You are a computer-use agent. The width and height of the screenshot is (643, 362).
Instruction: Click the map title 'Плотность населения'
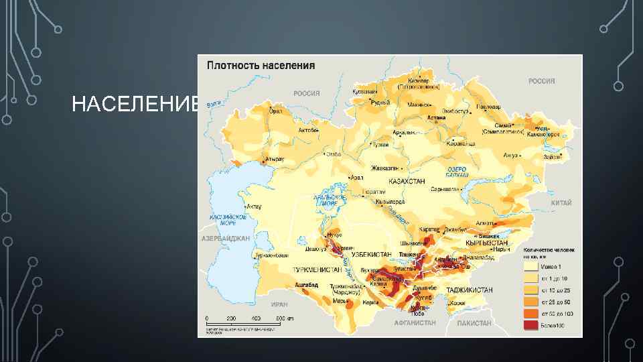[261, 66]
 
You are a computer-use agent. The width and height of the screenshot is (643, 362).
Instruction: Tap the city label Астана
[436, 117]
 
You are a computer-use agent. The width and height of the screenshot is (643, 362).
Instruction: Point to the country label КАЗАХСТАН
[408, 181]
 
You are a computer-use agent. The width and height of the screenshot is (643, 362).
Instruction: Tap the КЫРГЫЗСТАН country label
[487, 243]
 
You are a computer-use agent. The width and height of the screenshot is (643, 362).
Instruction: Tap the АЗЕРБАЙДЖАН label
[225, 239]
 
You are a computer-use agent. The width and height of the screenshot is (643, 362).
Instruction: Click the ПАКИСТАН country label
[475, 322]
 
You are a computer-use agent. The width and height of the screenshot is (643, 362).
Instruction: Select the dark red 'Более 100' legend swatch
[530, 326]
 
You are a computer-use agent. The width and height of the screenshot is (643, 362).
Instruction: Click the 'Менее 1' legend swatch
[530, 265]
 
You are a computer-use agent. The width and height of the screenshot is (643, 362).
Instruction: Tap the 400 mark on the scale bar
[256, 317]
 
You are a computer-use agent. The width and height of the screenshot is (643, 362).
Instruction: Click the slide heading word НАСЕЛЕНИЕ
[135, 105]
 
